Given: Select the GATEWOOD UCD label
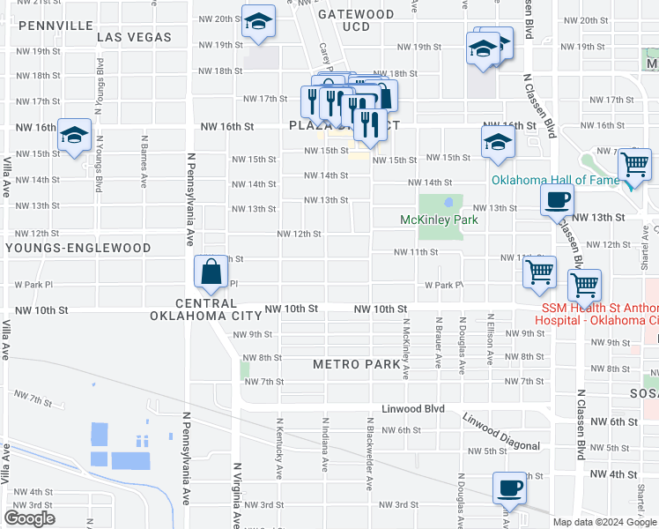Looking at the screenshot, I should click(356, 21).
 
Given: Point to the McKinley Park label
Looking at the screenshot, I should click(439, 220).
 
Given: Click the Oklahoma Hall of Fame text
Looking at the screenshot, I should click(555, 181).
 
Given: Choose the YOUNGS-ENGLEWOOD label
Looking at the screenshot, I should click(78, 249).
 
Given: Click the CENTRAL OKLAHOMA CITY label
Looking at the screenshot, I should click(206, 309).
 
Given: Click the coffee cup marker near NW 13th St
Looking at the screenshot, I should click(556, 200).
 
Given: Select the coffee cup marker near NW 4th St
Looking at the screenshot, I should click(509, 486).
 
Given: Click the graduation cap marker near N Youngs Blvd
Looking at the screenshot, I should click(74, 135).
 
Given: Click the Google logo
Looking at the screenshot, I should click(29, 518).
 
